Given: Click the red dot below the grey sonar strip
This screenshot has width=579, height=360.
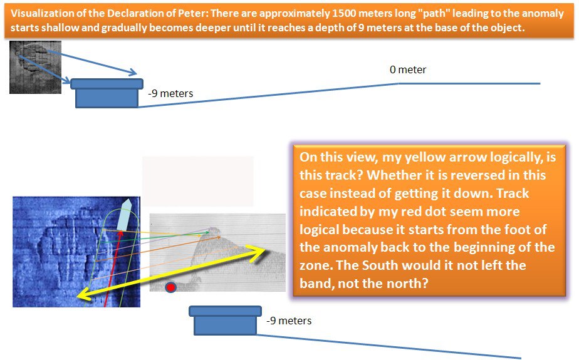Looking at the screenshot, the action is [x=170, y=287].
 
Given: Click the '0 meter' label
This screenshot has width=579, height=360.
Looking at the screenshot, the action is [x=408, y=69].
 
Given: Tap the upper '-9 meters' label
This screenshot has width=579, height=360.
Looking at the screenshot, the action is [x=170, y=94].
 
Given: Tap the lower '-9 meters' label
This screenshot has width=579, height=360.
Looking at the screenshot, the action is [x=289, y=321].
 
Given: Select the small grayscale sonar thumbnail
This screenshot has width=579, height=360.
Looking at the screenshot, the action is [x=36, y=67].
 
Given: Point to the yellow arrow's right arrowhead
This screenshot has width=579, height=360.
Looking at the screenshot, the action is [x=258, y=254].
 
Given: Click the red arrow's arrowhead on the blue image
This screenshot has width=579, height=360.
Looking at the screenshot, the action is [x=120, y=234].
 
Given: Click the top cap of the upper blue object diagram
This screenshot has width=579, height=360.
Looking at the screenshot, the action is [x=107, y=84].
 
